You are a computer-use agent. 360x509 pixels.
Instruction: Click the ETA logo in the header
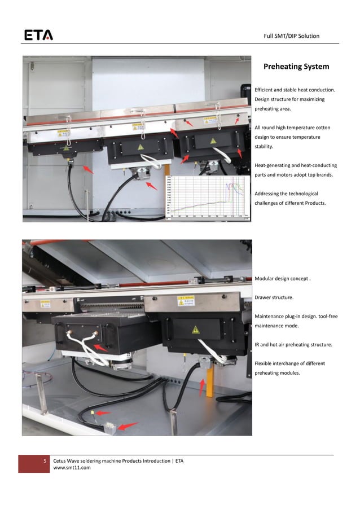38,36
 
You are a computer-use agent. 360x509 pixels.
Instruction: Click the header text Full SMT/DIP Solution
291,36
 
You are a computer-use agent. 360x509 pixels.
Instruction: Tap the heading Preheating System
296,67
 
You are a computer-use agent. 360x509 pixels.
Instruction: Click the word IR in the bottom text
257,344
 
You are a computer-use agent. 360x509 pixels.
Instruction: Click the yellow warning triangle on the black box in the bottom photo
195,330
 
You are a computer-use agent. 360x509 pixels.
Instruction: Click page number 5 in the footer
46,461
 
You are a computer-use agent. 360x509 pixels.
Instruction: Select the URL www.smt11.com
72,468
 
